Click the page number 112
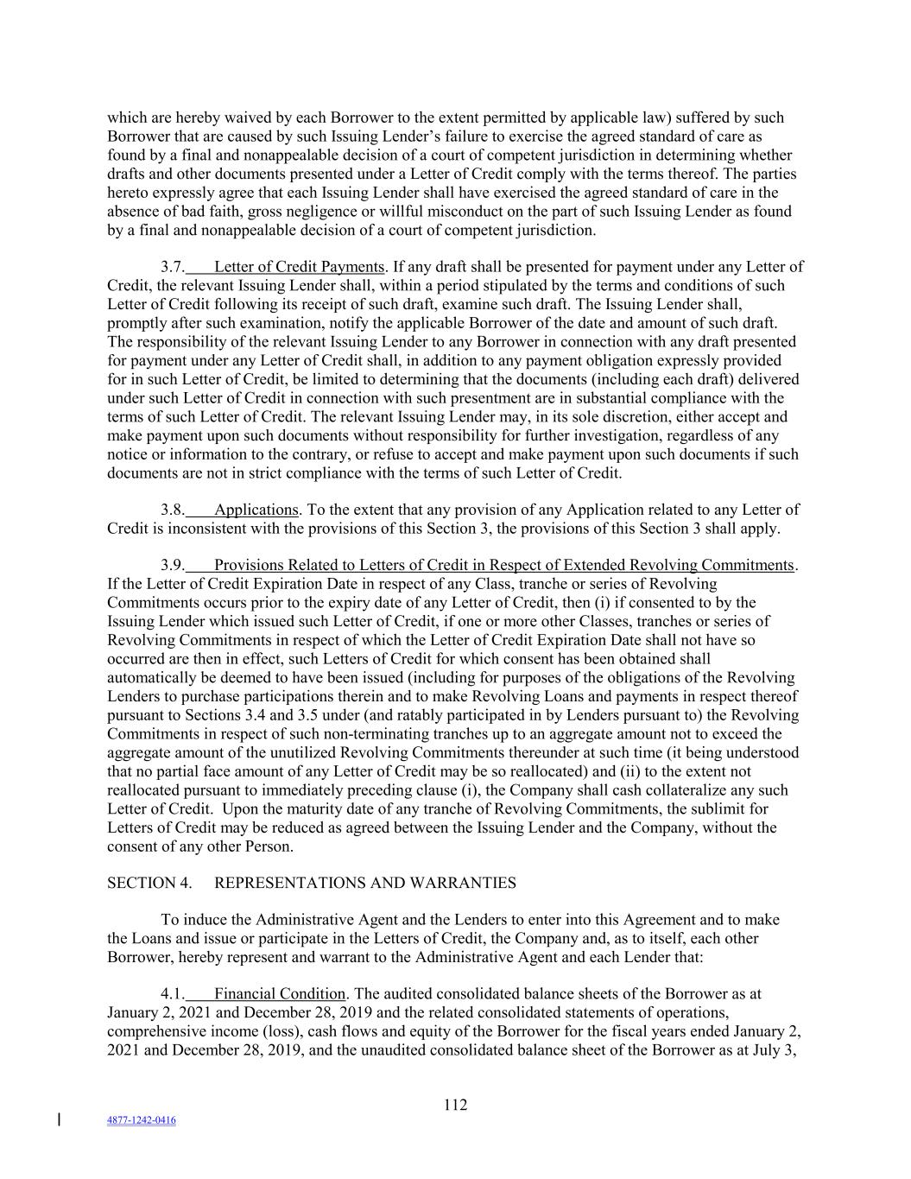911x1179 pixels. (455, 1105)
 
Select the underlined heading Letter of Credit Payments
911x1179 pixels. (299, 267)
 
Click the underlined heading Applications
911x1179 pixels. (256, 510)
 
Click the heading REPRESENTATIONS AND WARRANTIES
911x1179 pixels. (364, 883)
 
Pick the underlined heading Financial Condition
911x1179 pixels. (280, 994)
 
